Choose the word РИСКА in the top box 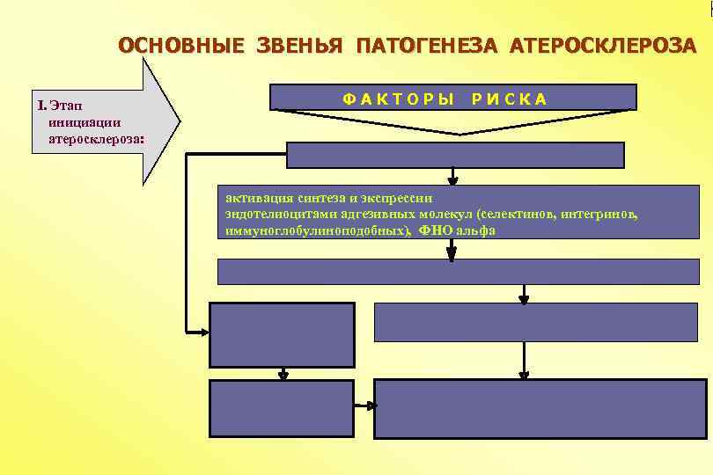(x=509, y=99)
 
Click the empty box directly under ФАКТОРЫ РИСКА (x=455, y=155)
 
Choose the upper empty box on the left (x=282, y=334)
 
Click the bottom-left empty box (x=282, y=408)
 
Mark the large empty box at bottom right (x=540, y=408)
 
